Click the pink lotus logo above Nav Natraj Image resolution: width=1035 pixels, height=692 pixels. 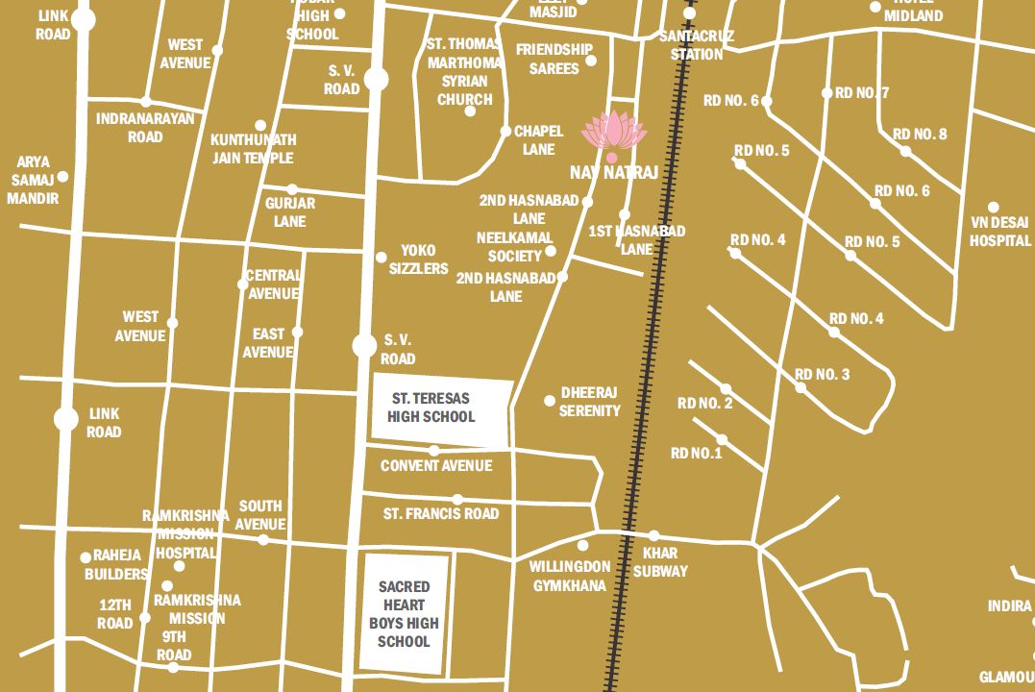612,131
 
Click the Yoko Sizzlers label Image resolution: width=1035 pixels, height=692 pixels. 418,259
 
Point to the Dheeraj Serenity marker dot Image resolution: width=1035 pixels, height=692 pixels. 550,401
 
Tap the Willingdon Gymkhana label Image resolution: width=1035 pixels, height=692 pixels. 570,575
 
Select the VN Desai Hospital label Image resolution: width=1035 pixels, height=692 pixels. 999,232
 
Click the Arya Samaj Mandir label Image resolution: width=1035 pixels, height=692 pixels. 33,180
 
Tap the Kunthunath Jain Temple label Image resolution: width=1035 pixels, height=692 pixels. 253,149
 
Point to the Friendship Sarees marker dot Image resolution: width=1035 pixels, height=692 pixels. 591,61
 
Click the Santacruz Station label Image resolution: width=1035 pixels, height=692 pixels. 697,44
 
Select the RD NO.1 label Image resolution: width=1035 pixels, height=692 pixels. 696,453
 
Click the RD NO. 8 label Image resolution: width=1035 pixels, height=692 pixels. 920,134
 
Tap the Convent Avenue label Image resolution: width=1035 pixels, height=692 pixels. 436,466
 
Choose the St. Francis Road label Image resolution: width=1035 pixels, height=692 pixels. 441,513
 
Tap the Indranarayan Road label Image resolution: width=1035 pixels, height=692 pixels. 145,128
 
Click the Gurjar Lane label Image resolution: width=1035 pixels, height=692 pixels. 289,212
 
